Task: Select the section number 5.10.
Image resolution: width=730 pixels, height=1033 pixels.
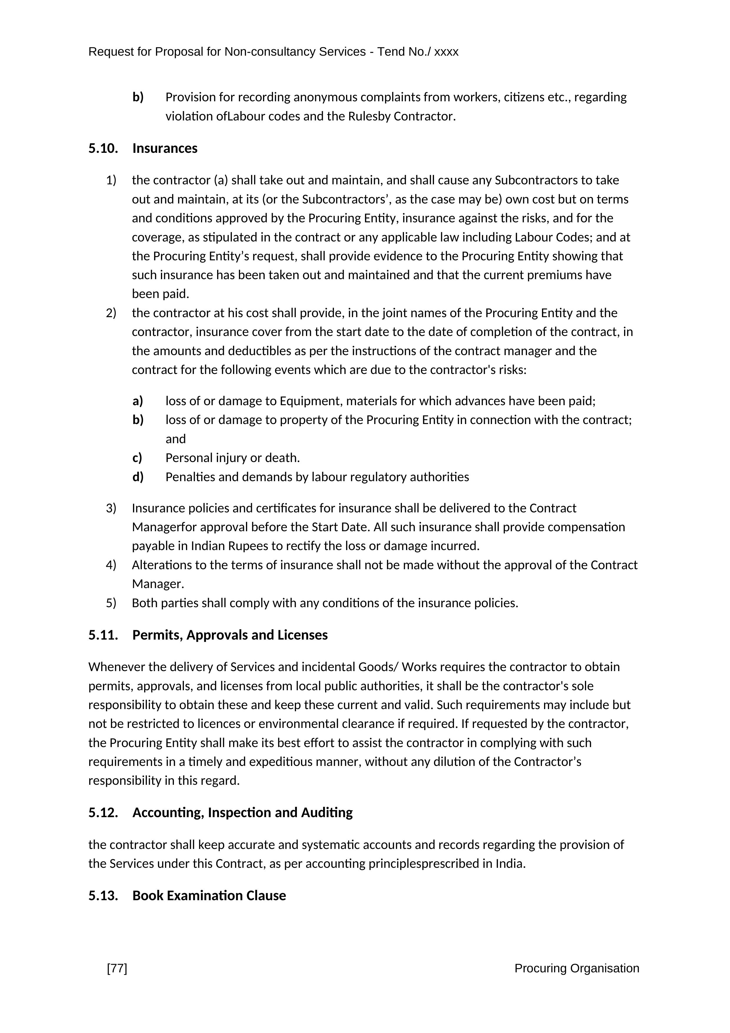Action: [x=103, y=148]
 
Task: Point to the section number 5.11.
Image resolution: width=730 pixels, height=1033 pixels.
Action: [x=103, y=635]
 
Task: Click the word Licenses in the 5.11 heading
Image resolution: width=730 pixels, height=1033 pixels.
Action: [x=302, y=635]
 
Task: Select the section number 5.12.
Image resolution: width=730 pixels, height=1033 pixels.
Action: [x=103, y=812]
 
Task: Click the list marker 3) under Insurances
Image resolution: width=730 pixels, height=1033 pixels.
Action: [x=111, y=508]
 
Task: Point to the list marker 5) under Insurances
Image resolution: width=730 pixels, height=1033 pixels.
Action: [x=111, y=603]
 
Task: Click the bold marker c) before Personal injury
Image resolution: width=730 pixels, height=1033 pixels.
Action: [x=137, y=458]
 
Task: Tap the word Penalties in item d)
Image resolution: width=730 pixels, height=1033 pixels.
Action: [x=190, y=477]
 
